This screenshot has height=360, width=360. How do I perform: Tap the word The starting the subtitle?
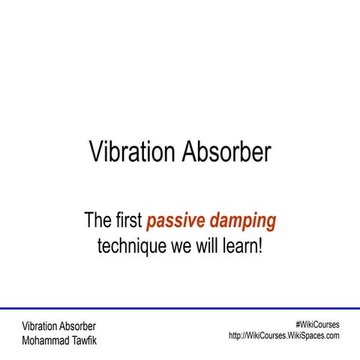click(x=97, y=221)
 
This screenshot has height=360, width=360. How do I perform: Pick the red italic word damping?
click(x=241, y=221)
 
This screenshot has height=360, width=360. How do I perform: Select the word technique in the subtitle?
click(x=132, y=245)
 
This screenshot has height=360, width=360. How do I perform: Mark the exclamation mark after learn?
click(x=259, y=245)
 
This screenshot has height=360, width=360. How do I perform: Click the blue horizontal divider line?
click(x=180, y=308)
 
